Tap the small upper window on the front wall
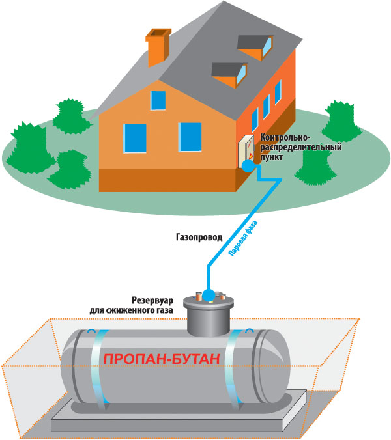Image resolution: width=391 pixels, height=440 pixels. (x=158, y=100)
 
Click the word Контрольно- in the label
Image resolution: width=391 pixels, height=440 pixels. (x=282, y=138)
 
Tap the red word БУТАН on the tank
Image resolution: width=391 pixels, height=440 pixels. (x=193, y=359)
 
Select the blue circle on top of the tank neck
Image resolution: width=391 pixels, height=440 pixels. (x=208, y=296)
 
